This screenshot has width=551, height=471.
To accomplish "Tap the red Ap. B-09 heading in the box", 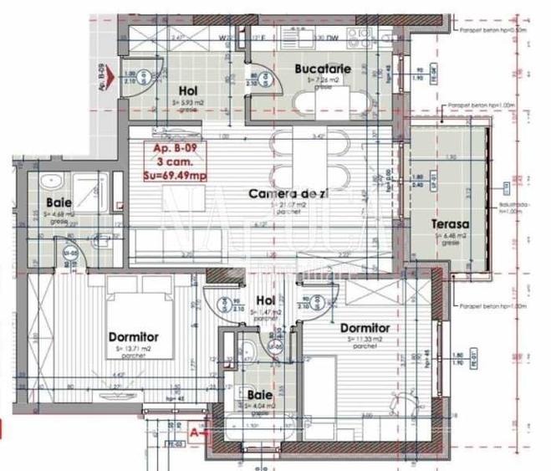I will pyautogui.click(x=171, y=148).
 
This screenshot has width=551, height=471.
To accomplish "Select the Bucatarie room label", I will pyautogui.click(x=321, y=68).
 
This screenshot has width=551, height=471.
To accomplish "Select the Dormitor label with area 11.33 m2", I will pyautogui.click(x=365, y=329).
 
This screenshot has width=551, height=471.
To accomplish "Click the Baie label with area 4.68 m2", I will pyautogui.click(x=58, y=202).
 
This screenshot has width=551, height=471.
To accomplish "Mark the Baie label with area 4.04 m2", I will pyautogui.click(x=259, y=394).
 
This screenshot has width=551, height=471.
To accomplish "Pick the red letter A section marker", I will pyautogui.click(x=194, y=432).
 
